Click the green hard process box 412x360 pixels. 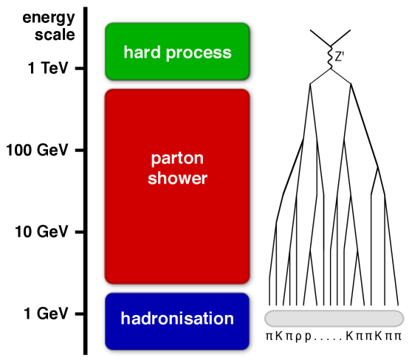click(178, 52)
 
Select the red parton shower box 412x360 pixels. click(178, 186)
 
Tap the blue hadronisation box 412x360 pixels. click(178, 319)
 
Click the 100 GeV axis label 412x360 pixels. click(37, 151)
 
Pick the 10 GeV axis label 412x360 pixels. click(41, 232)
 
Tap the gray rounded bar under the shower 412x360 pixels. click(334, 318)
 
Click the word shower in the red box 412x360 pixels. click(178, 179)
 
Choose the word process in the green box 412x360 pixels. click(198, 53)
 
